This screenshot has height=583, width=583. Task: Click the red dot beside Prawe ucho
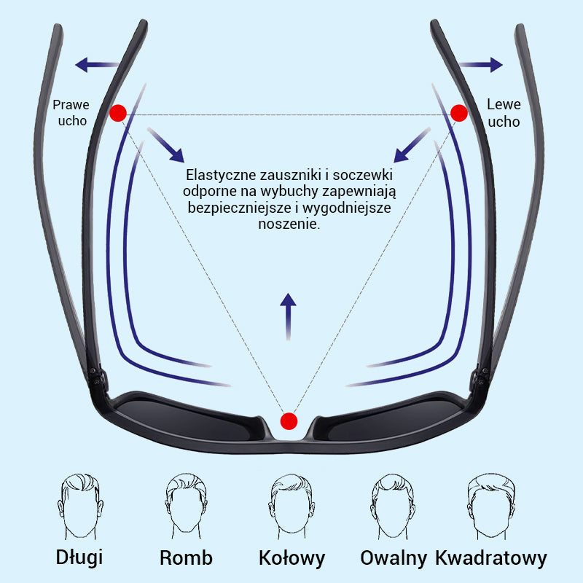[118, 113]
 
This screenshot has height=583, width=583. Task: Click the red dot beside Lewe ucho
[459, 113]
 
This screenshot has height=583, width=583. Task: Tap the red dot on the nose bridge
[289, 420]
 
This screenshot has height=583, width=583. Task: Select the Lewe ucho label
[504, 113]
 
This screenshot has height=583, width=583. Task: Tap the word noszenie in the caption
[289, 224]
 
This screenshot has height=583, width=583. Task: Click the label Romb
[186, 558]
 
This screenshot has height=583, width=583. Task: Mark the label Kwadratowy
[490, 558]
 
